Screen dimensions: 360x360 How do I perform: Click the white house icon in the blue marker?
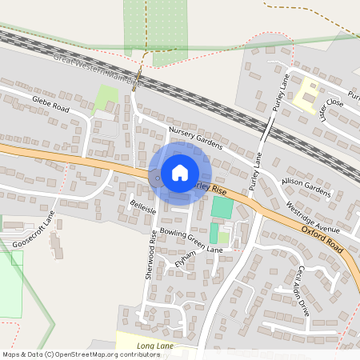click(x=180, y=172)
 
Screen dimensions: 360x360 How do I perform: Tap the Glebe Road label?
click(x=51, y=103)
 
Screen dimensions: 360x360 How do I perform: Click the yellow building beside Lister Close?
click(x=305, y=99)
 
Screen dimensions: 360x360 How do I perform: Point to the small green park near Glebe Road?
click(x=106, y=98)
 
